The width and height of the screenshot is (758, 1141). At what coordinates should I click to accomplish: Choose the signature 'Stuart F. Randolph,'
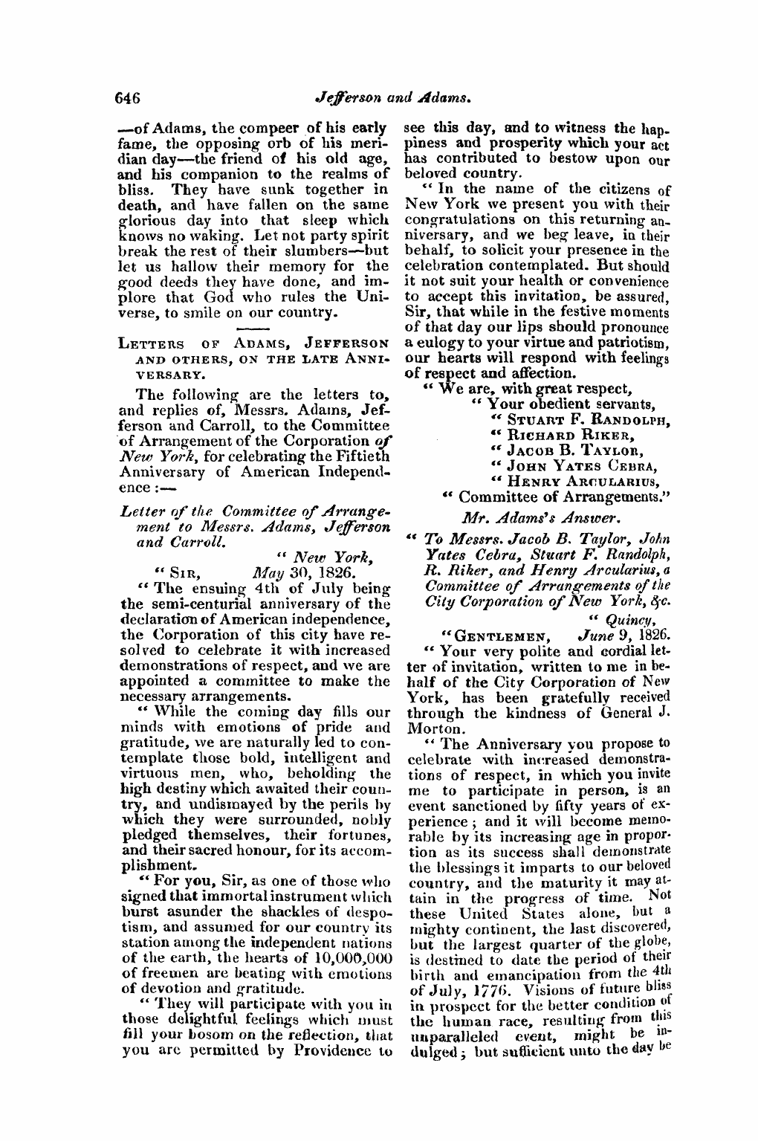coord(585,419)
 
